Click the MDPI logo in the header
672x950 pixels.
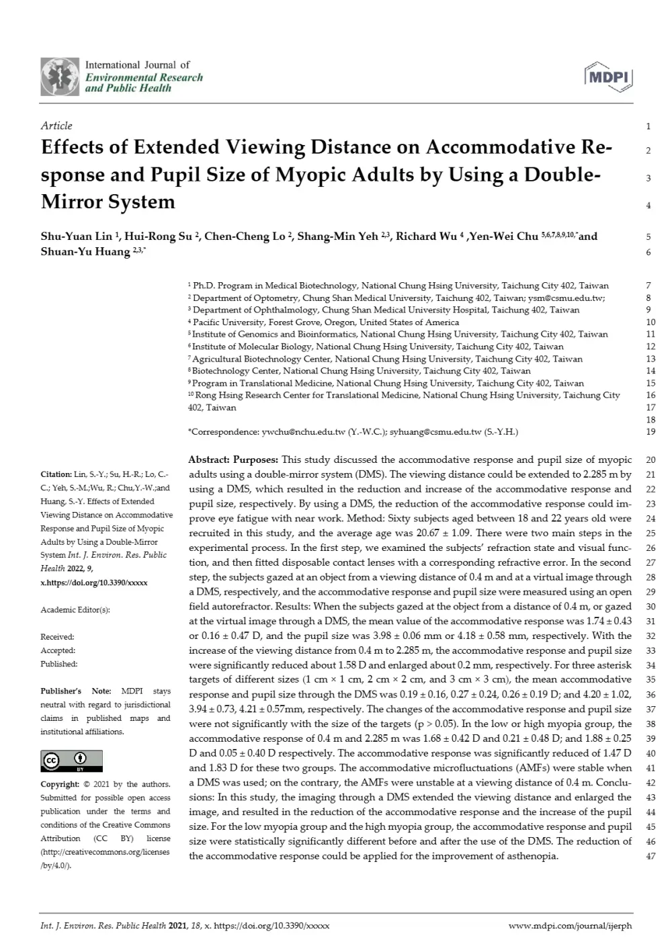[x=609, y=77]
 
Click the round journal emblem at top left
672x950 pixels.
[x=60, y=77]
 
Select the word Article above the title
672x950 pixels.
[x=56, y=126]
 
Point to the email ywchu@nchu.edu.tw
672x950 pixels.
[x=294, y=432]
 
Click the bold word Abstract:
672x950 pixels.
[x=208, y=460]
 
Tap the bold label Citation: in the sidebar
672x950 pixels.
[x=56, y=474]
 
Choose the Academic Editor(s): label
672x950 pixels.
[x=75, y=610]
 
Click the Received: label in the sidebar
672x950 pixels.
[x=57, y=636]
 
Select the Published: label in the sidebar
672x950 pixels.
[x=58, y=664]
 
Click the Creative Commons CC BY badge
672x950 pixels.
[x=72, y=761]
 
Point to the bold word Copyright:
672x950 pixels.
[x=60, y=784]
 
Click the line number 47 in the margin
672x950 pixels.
[x=649, y=857]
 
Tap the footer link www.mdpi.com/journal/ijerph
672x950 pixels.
[x=571, y=925]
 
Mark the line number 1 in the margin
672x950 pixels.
[x=648, y=126]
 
